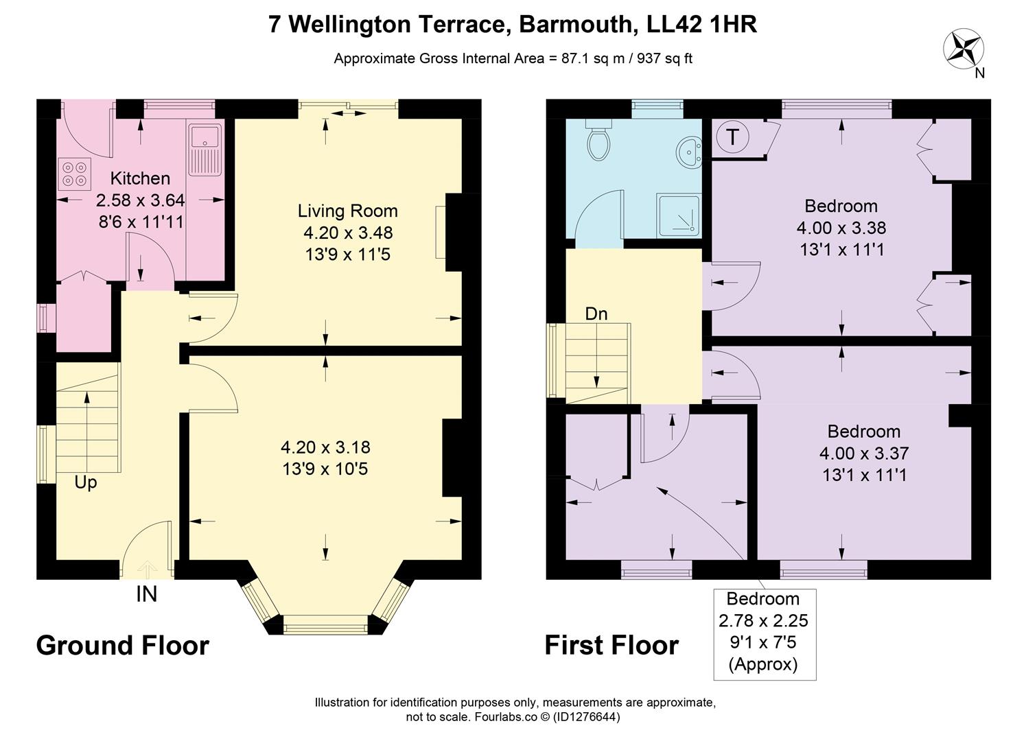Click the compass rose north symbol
(x=963, y=49)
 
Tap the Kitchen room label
(x=140, y=178)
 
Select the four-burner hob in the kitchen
(x=74, y=173)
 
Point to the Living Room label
(x=347, y=211)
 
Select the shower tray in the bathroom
(x=679, y=215)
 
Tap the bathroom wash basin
(x=689, y=151)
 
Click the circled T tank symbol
(x=733, y=137)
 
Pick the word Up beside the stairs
(x=86, y=482)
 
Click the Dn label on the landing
(x=596, y=314)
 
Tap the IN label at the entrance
(x=146, y=594)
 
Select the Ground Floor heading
(x=122, y=646)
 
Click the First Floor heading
(x=611, y=646)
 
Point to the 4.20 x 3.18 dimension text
(x=325, y=447)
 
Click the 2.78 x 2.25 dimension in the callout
(x=763, y=621)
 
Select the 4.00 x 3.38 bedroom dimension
(x=841, y=228)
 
